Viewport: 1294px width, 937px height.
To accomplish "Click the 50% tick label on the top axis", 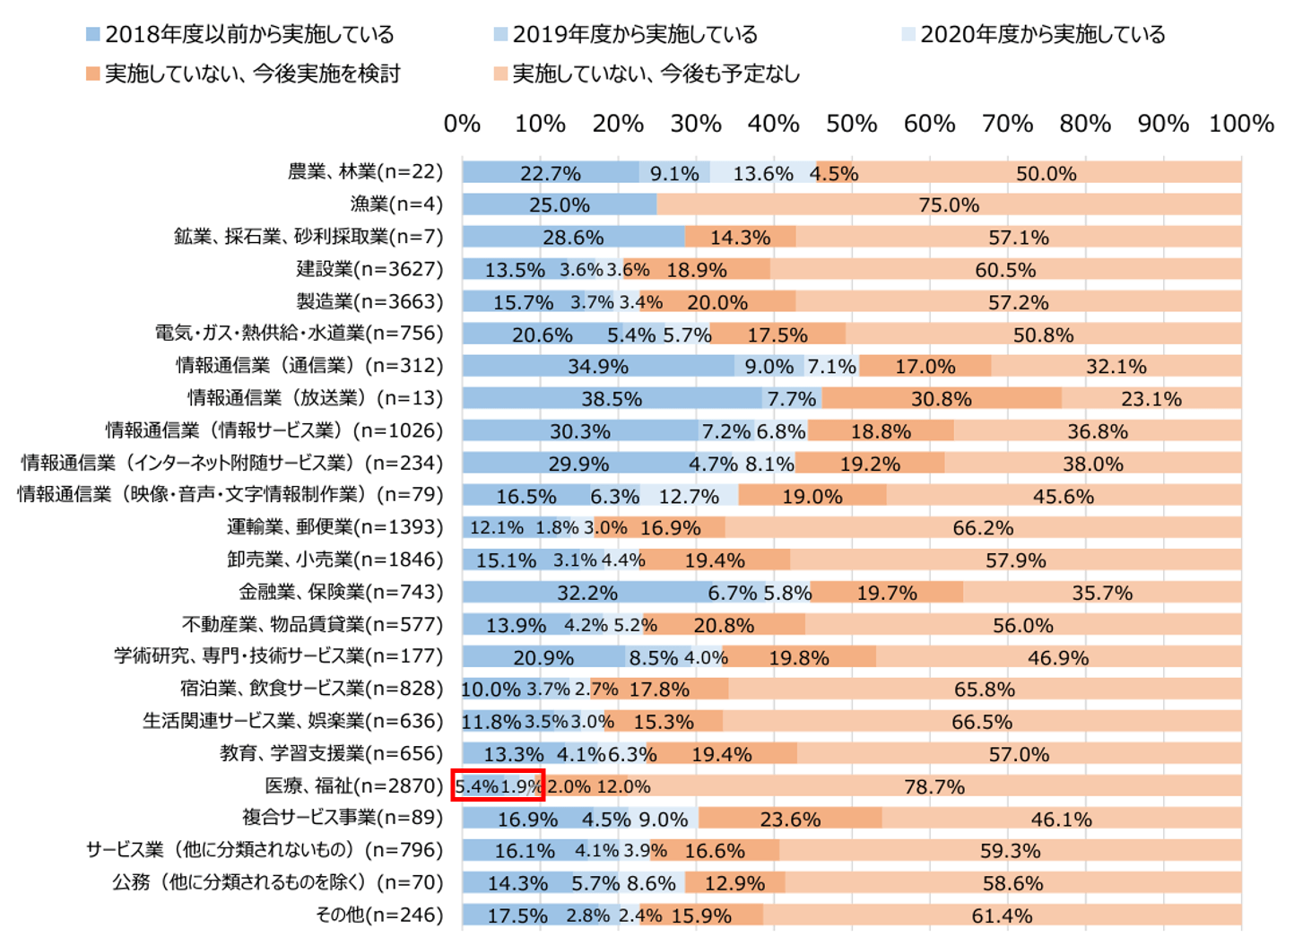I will (x=851, y=124).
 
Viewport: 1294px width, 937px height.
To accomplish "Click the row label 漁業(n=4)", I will (x=396, y=204).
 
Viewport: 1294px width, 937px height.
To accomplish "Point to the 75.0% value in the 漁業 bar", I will (x=949, y=205).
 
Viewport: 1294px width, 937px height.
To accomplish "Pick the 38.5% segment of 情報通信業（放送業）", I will (x=612, y=399).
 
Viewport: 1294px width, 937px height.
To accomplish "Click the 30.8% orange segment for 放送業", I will (x=942, y=399).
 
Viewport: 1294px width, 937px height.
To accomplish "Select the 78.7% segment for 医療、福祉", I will (x=934, y=787).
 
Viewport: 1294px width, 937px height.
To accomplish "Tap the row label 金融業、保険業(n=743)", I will (x=341, y=592).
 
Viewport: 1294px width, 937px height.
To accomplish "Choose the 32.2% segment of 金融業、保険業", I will (x=587, y=593).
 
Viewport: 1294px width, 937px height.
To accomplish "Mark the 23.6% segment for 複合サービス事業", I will (x=790, y=820).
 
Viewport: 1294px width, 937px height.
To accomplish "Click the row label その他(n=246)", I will (x=379, y=915).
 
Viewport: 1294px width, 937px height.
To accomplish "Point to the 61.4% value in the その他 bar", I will (x=1002, y=916).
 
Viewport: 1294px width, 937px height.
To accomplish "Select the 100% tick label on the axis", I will (x=1241, y=124).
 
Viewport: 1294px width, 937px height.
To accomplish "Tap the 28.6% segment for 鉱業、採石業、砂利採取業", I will (x=573, y=238).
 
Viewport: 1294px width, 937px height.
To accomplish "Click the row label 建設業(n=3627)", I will (x=369, y=269).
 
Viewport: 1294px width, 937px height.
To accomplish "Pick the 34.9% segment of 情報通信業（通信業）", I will (x=598, y=367).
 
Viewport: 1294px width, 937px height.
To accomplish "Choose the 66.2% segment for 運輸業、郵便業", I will (x=983, y=528).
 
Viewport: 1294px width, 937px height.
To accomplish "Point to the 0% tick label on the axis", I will (x=462, y=124).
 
